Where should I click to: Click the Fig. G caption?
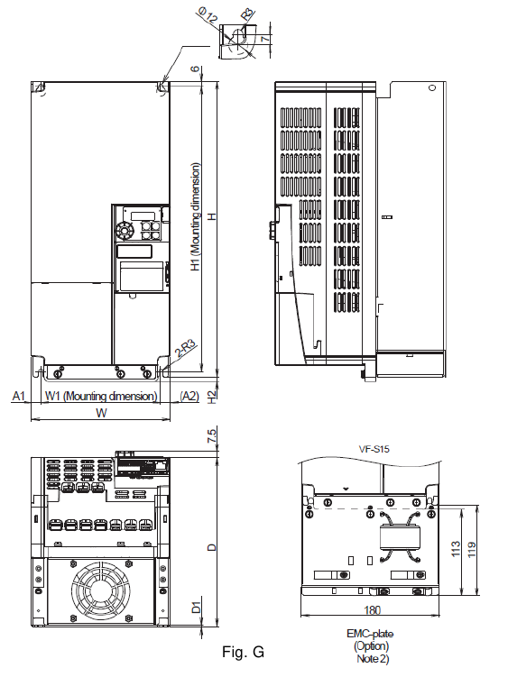[243, 651]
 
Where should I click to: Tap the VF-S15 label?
[374, 449]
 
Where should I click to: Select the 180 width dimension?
[373, 610]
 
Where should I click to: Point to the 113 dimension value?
[456, 549]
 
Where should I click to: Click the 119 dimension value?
[472, 549]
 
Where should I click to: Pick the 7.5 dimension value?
[212, 435]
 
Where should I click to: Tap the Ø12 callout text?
[208, 15]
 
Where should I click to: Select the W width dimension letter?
[101, 413]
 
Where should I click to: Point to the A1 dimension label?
[19, 396]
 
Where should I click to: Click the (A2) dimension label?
[189, 396]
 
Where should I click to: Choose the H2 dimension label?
[211, 398]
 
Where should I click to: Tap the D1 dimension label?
[197, 608]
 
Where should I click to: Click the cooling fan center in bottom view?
[100, 590]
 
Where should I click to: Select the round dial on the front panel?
[125, 230]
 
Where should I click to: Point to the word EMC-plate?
[370, 634]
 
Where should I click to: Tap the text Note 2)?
[373, 659]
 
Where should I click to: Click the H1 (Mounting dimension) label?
[197, 217]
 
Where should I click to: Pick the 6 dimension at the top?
[196, 69]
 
